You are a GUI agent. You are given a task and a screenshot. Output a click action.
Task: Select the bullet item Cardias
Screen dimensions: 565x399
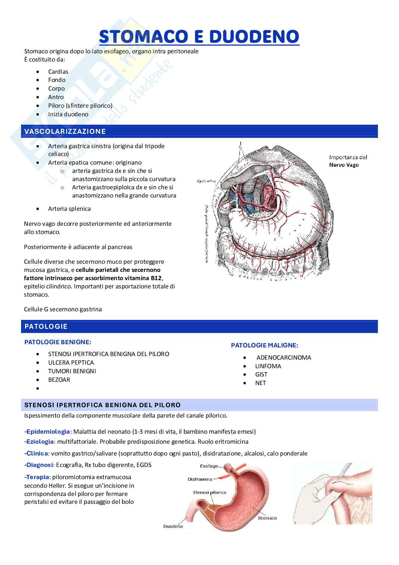tap(58, 72)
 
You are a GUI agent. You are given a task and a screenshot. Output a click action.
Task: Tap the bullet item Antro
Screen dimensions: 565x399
tap(56, 97)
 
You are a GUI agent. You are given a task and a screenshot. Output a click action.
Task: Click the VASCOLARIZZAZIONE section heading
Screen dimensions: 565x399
tap(65, 131)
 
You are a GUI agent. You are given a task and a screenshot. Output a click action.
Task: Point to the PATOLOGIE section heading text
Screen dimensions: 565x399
tap(46, 326)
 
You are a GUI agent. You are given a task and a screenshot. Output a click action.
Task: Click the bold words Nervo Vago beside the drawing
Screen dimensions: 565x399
tap(344, 165)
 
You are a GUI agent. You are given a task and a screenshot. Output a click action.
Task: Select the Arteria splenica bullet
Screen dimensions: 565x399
tap(69, 209)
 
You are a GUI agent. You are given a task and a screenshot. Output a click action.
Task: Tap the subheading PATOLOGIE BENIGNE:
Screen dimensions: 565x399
tap(58, 342)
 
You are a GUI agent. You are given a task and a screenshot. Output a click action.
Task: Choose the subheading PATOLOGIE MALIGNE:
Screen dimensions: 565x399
tap(265, 345)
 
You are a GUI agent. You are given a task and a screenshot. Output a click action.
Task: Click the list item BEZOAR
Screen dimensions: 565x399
tap(59, 380)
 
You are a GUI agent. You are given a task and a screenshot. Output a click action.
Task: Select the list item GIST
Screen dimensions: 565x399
tap(261, 374)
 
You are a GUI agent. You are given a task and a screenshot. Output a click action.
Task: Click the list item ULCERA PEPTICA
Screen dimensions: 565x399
tap(71, 362)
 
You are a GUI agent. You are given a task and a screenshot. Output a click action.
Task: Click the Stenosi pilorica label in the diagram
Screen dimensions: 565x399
tap(210, 492)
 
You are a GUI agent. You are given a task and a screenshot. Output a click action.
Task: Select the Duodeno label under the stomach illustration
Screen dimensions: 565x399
tap(173, 526)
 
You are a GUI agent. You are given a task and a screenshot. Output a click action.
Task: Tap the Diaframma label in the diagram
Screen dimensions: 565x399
tap(200, 479)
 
